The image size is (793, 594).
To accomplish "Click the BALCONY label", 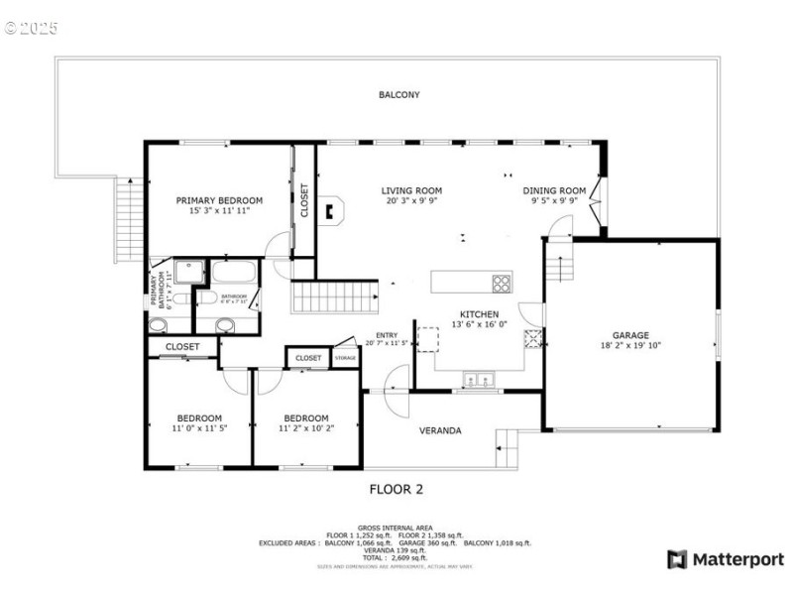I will tap(398, 95).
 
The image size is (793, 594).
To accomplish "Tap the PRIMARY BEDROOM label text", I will tap(219, 200).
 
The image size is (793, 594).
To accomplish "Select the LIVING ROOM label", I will tap(411, 190).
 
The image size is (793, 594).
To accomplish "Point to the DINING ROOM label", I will tap(554, 190).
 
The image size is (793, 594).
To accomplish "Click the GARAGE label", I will tap(630, 335).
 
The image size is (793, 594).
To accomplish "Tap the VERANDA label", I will tap(439, 430).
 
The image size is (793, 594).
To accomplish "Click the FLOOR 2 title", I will tap(396, 489).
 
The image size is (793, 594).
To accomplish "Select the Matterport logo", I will tap(726, 559).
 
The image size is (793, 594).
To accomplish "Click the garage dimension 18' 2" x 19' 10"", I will tap(630, 346).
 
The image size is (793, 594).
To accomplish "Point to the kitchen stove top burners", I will tap(503, 283).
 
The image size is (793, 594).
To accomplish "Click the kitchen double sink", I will tap(480, 377).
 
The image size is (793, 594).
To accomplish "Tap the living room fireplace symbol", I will tap(336, 208).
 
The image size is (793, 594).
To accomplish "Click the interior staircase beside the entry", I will tap(335, 297).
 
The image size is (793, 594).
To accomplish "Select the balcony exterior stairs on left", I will tap(130, 220).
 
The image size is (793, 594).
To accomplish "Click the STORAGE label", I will tap(345, 358).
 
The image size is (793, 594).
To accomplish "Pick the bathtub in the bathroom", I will tap(234, 272).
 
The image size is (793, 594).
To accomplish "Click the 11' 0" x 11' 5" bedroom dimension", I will tap(199, 428).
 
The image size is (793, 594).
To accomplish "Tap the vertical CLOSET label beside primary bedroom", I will tap(304, 200).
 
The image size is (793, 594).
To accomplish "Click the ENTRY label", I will tap(387, 336).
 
